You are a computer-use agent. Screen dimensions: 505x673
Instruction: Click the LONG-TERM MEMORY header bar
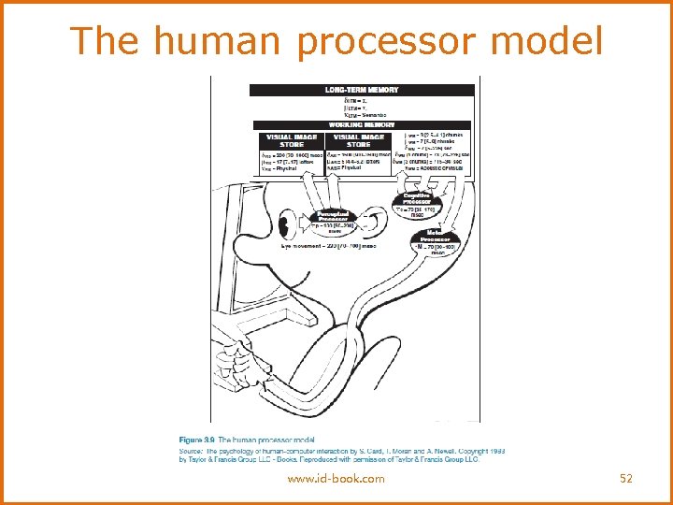pos(362,90)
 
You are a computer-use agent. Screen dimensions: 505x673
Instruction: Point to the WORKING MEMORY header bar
pos(362,124)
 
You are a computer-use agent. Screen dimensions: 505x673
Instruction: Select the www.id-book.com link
pos(336,479)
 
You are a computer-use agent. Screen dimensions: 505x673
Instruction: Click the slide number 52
pos(626,479)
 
